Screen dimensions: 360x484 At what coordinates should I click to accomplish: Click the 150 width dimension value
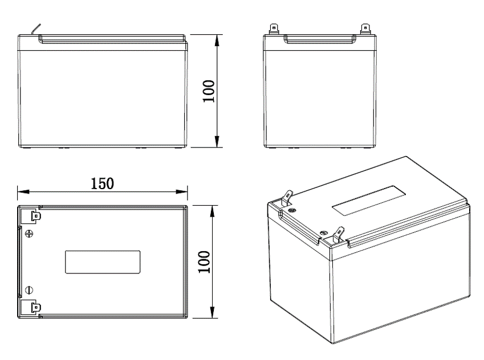103,183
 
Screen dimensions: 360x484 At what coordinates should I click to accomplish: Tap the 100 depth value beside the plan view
205,261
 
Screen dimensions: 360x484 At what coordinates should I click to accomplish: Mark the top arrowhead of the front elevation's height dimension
217,38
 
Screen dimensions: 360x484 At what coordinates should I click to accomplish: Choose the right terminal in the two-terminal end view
366,28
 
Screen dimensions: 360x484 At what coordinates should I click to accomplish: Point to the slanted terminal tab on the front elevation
36,28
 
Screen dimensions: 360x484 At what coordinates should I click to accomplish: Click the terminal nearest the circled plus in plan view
32,216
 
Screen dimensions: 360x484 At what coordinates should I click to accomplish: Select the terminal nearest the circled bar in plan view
32,308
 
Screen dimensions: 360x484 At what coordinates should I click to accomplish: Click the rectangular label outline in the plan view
103,262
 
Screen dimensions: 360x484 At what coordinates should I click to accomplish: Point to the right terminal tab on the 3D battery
339,234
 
